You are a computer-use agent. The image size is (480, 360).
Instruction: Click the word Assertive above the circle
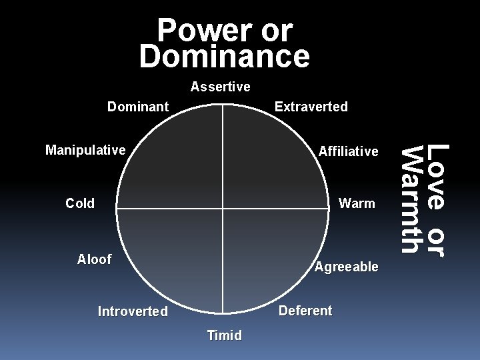point(220,87)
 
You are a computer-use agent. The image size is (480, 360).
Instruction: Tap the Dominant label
point(138,107)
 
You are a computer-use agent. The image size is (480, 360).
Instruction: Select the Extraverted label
point(311,107)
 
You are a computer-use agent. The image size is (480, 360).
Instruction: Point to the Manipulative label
point(85,150)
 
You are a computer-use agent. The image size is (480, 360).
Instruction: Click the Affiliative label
point(348,151)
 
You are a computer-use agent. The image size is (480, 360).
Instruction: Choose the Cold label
point(80,203)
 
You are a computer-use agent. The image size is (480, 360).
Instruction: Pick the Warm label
point(357,203)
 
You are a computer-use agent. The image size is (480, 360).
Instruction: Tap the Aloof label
point(94,259)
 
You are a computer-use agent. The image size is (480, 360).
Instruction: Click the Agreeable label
point(346,267)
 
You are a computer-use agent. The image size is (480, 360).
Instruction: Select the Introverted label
point(133,311)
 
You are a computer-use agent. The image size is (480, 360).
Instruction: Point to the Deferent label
point(305,311)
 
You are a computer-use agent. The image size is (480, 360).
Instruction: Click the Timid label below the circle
point(225,335)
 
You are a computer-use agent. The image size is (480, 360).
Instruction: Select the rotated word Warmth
point(415,200)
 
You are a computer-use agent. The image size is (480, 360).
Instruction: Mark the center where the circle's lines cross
point(223,209)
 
